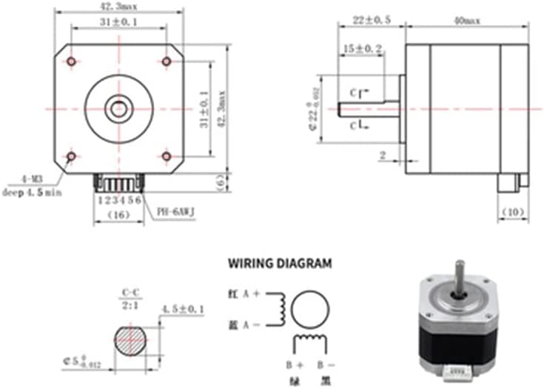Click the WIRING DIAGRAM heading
[280, 262]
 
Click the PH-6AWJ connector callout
[175, 210]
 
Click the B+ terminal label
[295, 365]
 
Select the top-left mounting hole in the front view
[71, 60]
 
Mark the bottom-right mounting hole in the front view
[166, 156]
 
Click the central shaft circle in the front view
[118, 108]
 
